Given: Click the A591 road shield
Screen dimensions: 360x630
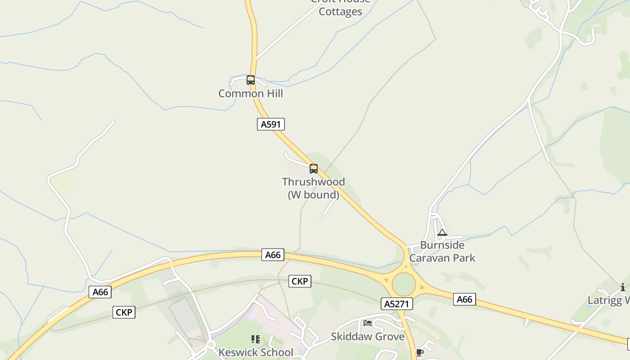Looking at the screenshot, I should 271,124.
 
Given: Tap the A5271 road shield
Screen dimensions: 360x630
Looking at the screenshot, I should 396,304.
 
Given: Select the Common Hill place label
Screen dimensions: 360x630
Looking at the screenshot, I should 251,94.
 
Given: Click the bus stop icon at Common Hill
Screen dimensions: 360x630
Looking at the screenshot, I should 251,80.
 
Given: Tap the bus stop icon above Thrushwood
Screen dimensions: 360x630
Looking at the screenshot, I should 314,169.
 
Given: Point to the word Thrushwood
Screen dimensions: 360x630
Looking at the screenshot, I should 313,182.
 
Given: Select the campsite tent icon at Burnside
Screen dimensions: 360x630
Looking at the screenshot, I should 442,233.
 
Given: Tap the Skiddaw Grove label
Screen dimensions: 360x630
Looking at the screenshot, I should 368,337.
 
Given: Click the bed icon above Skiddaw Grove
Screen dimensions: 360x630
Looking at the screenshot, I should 368,323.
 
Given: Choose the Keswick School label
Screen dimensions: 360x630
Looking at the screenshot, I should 256,352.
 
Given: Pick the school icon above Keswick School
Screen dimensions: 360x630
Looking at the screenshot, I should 256,339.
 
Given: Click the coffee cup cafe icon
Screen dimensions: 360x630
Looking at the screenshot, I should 419,352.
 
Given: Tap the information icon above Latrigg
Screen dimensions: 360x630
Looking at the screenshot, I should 623,287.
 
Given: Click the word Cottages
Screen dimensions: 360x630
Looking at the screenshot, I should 340,12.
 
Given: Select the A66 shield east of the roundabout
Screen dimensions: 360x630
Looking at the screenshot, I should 464,299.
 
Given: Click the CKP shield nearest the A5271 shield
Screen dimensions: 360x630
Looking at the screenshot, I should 300,281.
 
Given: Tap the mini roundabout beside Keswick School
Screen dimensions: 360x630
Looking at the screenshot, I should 211,345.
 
